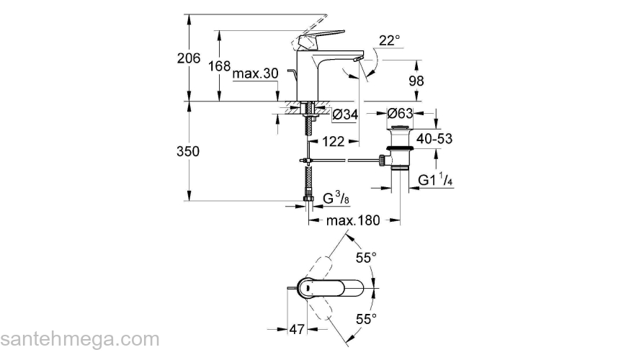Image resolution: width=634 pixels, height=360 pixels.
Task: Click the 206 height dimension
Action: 188,59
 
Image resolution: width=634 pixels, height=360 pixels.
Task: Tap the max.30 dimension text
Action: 255,73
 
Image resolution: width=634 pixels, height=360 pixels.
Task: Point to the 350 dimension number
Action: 188,152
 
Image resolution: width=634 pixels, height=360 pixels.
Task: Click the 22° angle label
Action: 388,41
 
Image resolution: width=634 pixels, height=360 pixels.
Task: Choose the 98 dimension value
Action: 416,81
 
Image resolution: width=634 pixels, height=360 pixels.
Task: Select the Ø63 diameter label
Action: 400,114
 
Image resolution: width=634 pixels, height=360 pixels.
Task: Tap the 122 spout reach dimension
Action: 332,143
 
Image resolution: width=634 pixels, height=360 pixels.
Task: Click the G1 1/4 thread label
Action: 436,179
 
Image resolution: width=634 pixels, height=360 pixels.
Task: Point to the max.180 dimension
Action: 352,220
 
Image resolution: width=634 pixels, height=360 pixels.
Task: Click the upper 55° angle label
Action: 366,257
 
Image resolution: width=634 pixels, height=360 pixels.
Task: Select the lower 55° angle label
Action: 366,318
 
